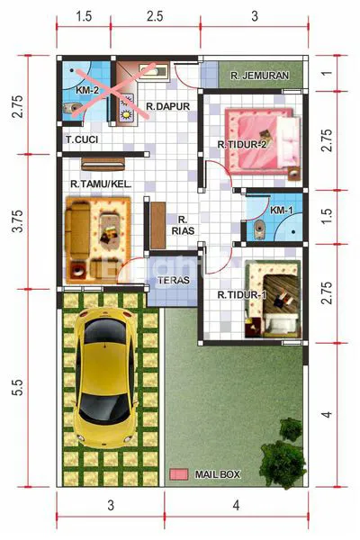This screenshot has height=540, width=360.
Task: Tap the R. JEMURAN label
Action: point(258,76)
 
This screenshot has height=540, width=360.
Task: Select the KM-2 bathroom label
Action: point(86,91)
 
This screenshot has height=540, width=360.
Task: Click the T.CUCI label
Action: point(81,139)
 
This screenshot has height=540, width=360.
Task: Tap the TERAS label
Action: point(172,280)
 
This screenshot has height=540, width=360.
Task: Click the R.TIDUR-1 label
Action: point(242,293)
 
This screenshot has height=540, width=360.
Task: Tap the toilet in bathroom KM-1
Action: point(258,226)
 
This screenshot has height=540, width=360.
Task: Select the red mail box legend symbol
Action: point(179,473)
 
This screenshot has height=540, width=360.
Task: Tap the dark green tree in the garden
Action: point(283,454)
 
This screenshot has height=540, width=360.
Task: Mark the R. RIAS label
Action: point(182,225)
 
